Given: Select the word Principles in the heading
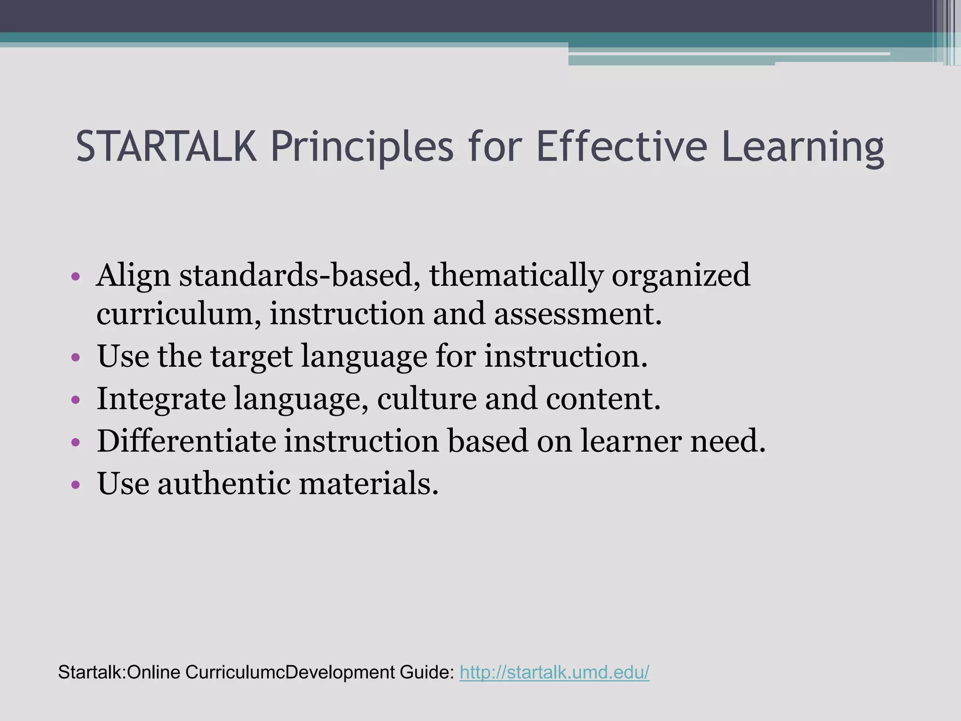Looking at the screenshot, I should pos(362,147).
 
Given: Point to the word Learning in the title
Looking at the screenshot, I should pos(802,147).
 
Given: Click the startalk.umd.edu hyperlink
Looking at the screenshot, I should pos(554,672).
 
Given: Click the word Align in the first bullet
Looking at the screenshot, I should pos(133,276).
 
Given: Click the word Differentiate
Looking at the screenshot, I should pos(186,441).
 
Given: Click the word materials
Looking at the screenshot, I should pos(368,483).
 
